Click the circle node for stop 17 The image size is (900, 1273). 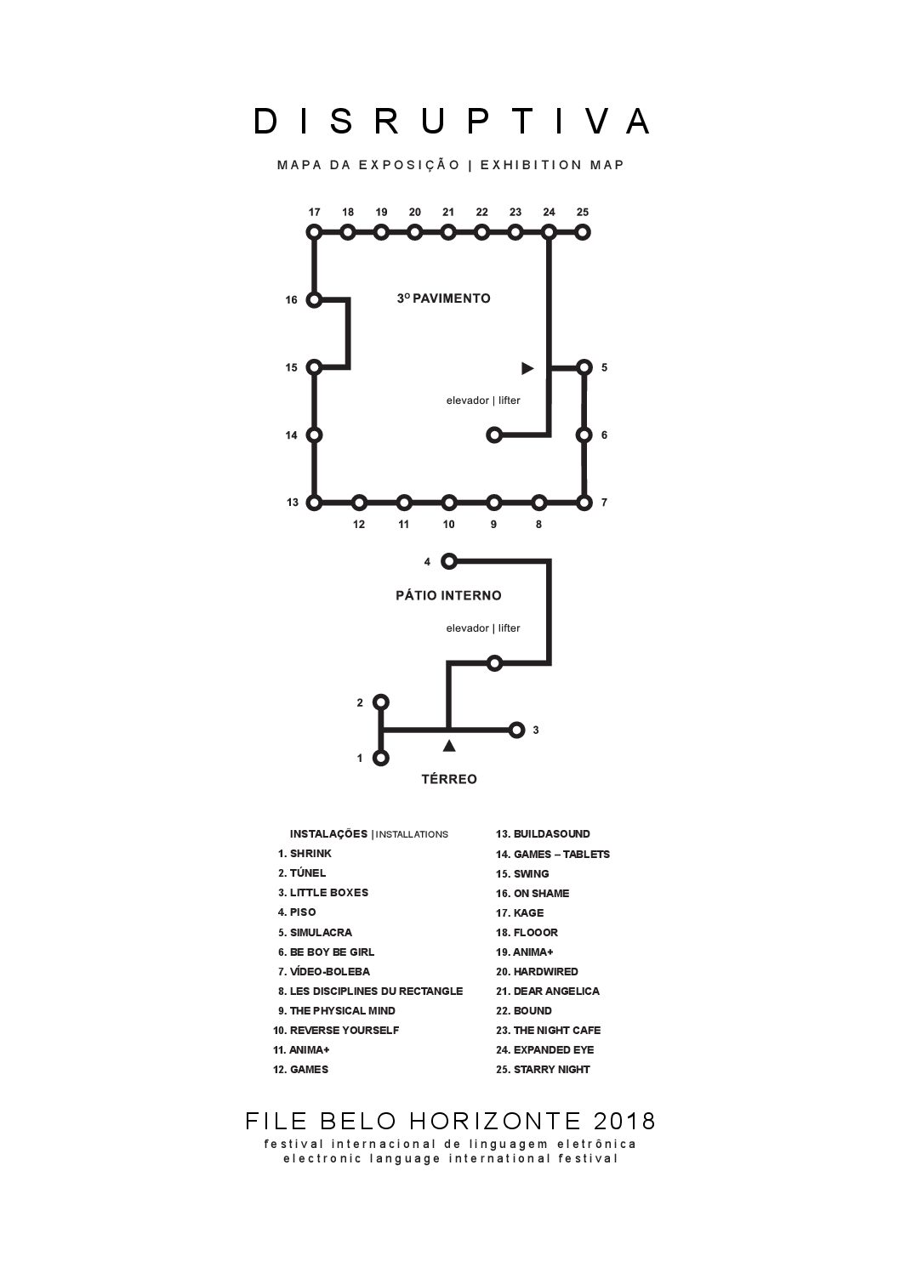pos(314,231)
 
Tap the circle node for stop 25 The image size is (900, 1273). pos(583,231)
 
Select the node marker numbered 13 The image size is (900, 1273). pos(314,503)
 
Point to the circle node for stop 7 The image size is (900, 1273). pos(584,503)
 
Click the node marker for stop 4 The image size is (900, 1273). pos(449,561)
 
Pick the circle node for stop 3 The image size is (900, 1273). pos(516,730)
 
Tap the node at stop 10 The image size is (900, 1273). pos(449,503)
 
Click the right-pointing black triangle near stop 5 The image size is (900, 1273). pos(527,368)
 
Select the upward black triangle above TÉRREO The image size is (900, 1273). pos(449,746)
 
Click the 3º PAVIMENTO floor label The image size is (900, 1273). pos(443,298)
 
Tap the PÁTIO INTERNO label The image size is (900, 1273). pos(448,595)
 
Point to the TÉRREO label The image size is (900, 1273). pos(449,779)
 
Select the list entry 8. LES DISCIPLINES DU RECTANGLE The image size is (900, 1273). pos(370,991)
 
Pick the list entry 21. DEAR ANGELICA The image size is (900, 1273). pos(548,991)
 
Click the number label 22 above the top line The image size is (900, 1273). pos(481,212)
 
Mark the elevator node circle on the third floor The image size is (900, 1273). pos(493,435)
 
